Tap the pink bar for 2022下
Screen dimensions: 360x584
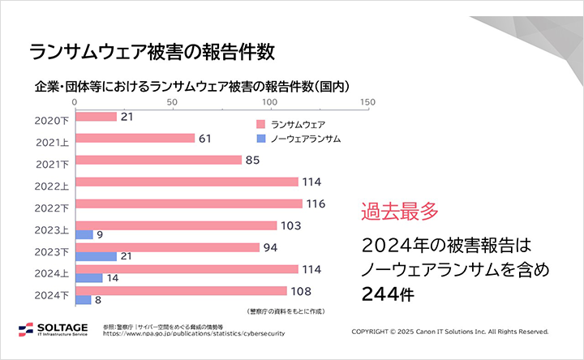[188, 204]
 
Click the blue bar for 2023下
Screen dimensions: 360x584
[96, 256]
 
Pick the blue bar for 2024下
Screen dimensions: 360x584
[83, 300]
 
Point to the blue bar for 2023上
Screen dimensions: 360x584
[84, 234]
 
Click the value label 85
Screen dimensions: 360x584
[252, 161]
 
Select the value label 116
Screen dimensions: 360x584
[316, 204]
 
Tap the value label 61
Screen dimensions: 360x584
[204, 139]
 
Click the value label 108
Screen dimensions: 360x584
[302, 290]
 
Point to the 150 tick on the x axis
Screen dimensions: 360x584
[367, 102]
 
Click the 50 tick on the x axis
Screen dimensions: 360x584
[172, 102]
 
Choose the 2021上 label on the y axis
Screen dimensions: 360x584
[52, 143]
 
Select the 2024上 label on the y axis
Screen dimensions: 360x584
[52, 273]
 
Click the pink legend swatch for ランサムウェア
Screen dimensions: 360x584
[260, 124]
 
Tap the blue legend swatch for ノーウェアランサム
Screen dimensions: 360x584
[260, 139]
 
